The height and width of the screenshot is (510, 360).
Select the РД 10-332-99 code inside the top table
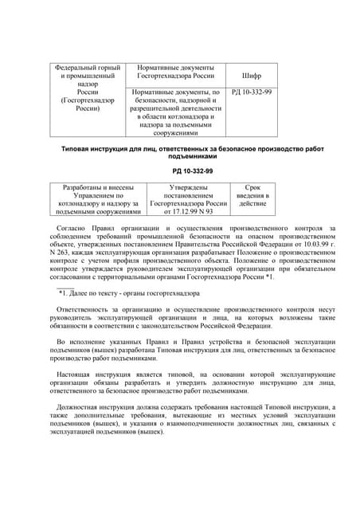click(252, 92)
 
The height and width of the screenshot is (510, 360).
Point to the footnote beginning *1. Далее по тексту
click(127, 294)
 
